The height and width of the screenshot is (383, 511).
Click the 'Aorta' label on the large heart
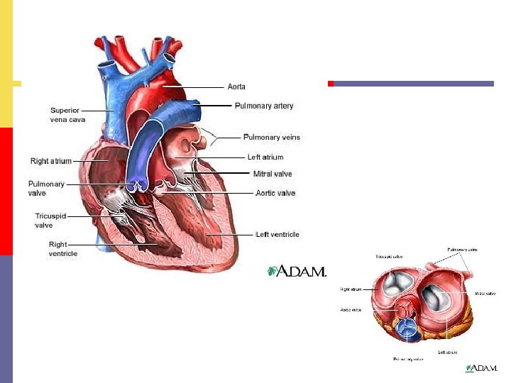(x=236, y=87)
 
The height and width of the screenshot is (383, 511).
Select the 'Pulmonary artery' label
(x=264, y=106)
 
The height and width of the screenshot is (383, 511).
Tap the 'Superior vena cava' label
(x=67, y=115)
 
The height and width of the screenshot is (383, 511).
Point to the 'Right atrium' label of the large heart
(x=51, y=161)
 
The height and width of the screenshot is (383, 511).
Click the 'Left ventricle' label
(x=277, y=234)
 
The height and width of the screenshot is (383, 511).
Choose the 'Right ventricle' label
(x=63, y=249)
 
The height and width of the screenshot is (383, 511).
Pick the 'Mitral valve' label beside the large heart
(x=273, y=174)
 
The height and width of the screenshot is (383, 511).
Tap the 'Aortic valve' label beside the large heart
(x=275, y=193)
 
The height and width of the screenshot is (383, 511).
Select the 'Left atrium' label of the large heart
(x=265, y=157)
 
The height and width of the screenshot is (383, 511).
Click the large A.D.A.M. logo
(x=297, y=271)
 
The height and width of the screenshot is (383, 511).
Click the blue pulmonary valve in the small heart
(x=407, y=327)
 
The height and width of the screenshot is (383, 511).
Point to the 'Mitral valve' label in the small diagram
(x=485, y=293)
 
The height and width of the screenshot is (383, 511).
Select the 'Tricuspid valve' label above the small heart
(x=388, y=256)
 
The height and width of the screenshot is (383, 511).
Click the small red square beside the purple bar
(x=330, y=84)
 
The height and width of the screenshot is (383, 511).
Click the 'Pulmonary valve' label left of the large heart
(x=46, y=188)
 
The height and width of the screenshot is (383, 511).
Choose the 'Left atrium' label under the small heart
(x=447, y=352)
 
